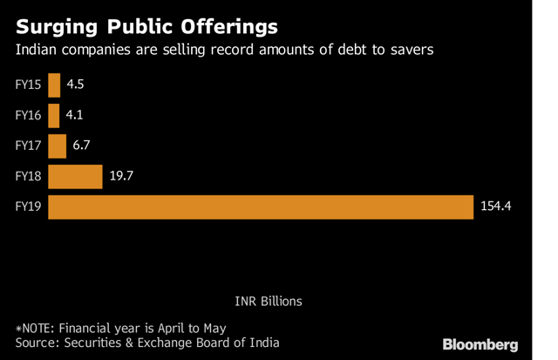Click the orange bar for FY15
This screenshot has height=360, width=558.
54,85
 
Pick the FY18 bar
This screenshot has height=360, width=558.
75,177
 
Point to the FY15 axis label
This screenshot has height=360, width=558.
30,85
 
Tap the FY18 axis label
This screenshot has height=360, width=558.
30,177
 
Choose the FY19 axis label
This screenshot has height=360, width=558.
30,207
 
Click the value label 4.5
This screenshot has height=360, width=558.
76,85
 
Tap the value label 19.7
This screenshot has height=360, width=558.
121,177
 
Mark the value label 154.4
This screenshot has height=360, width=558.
494,207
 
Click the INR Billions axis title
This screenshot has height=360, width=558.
268,301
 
